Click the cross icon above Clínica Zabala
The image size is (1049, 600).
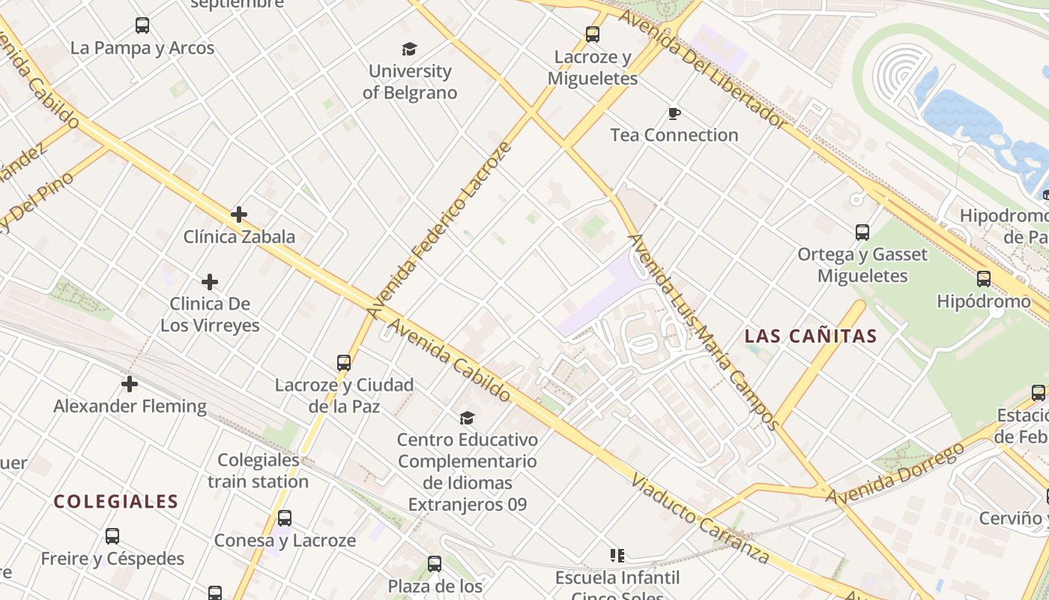(239, 215)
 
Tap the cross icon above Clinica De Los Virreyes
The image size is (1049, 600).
(210, 282)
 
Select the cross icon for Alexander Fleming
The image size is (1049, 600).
(130, 384)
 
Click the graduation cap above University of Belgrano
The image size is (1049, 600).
(409, 49)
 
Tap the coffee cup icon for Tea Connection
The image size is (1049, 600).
(674, 114)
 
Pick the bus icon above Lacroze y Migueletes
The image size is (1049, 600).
(593, 34)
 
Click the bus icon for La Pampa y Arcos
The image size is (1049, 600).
(142, 26)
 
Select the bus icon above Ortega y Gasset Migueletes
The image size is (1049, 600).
(862, 232)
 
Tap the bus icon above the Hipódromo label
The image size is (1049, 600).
(984, 280)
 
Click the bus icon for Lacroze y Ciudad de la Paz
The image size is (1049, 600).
(344, 363)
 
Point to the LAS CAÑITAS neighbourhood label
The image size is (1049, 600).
(811, 337)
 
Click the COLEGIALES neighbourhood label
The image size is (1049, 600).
(116, 502)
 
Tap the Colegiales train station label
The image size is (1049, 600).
(259, 470)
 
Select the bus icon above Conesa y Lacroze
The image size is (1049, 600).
(285, 518)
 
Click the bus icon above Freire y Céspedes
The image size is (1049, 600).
(112, 536)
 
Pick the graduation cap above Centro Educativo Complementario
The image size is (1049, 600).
(468, 418)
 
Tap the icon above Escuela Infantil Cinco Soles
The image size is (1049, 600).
(617, 556)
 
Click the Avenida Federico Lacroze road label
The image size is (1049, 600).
(440, 229)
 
